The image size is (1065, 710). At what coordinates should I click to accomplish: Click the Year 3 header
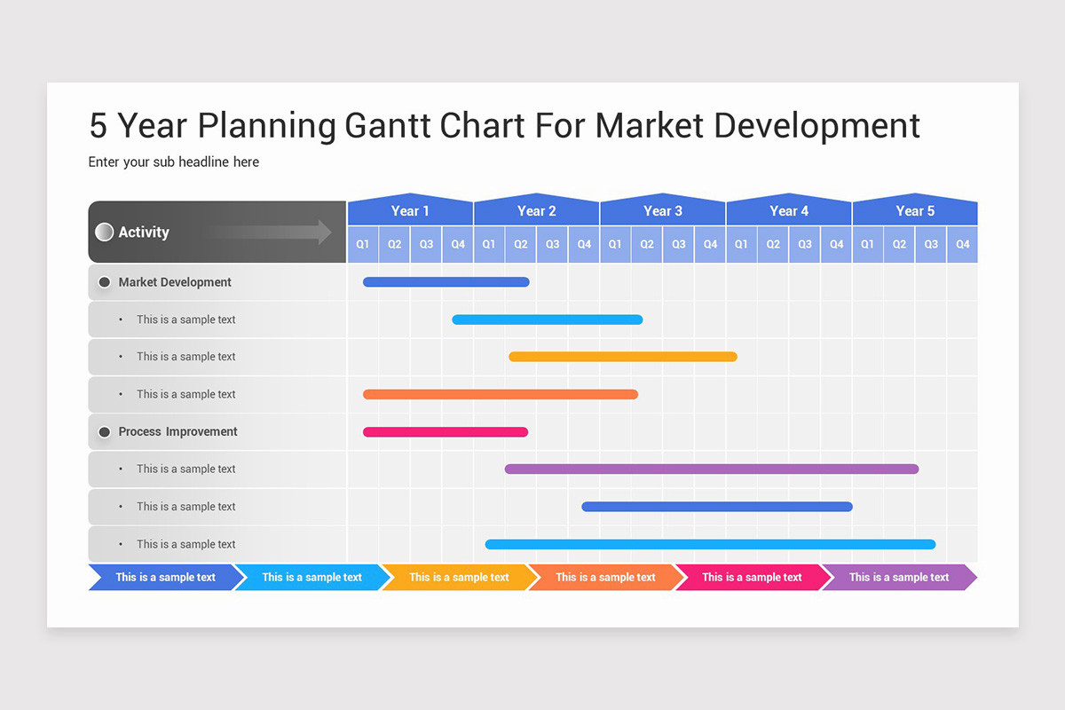663,211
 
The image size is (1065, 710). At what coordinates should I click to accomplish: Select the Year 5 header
915,211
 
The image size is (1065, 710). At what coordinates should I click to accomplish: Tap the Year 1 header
410,211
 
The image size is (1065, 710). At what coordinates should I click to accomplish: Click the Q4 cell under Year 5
963,244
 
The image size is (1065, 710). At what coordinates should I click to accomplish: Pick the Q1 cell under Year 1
363,244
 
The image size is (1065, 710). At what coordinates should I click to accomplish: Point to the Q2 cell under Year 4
773,244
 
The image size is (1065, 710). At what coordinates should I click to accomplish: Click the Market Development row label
175,282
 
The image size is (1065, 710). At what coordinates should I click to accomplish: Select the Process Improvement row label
177,432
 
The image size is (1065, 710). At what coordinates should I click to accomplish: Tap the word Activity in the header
144,233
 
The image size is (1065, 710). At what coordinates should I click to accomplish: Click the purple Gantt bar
712,469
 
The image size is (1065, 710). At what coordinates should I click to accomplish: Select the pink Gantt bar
446,432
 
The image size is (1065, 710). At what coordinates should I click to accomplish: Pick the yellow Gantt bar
623,357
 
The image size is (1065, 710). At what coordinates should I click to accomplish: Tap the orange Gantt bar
501,394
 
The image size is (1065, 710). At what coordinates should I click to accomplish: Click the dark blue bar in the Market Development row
446,282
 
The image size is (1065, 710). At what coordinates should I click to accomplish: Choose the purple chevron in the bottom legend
898,578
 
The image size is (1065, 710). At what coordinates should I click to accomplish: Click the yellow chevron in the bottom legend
459,578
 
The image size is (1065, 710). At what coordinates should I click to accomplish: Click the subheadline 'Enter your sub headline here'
174,162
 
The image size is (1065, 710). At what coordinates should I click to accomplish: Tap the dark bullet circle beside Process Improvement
104,432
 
